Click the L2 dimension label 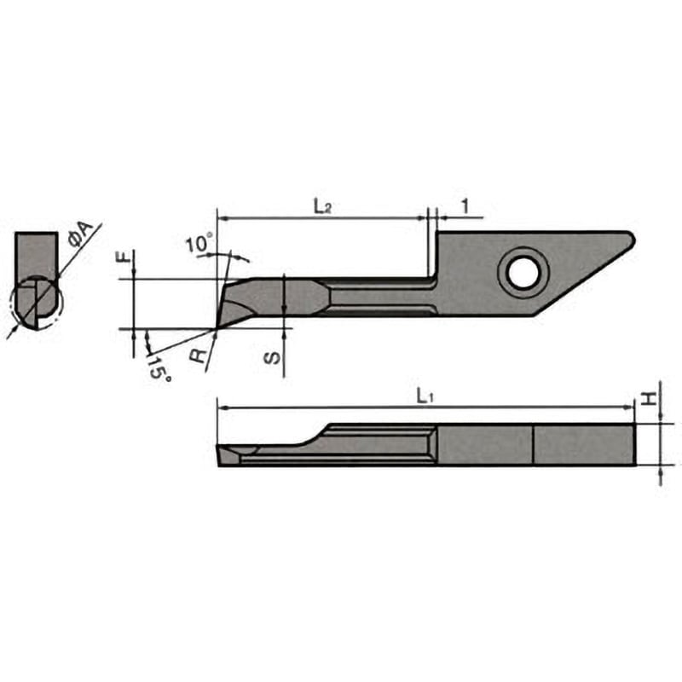tap(321, 205)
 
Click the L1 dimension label tap(424, 395)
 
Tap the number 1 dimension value tap(465, 205)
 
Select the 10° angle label tap(198, 245)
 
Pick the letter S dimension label tap(269, 359)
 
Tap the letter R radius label tap(200, 355)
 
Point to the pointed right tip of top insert tap(631, 237)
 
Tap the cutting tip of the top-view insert tap(219, 326)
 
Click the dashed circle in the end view tap(34, 303)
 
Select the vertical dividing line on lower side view tap(533, 444)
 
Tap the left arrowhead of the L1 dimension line tap(222, 408)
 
